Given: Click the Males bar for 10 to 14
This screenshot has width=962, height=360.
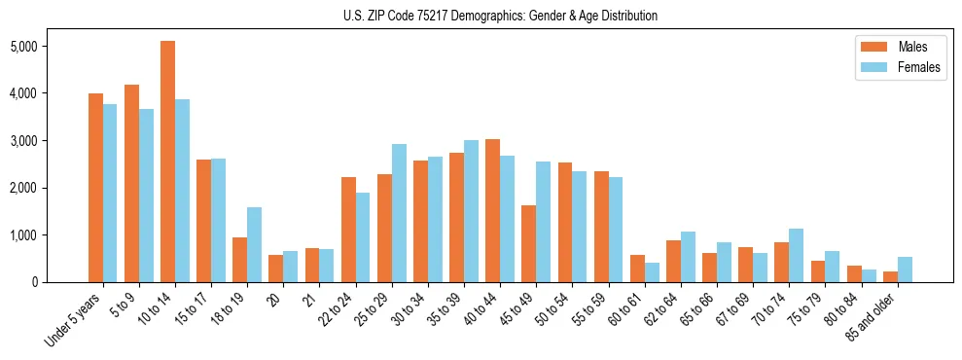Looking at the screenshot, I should pos(167,162).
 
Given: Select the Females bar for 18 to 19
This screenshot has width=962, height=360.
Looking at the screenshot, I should pos(254,244).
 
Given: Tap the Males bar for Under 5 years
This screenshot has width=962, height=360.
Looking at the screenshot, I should pos(95,188).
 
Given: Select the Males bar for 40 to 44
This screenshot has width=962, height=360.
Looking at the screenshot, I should pos(492,210).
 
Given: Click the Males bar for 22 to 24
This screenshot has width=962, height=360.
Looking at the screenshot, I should pos(348,230).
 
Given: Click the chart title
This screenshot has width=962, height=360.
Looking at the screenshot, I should pos(500,16).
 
